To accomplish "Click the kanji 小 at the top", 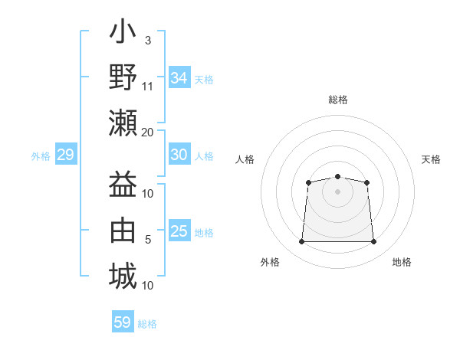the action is click(123, 31).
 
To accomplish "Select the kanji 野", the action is click(123, 77).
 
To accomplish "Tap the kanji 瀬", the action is click(123, 123).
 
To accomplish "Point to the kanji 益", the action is click(123, 184).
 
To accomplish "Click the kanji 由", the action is click(123, 230).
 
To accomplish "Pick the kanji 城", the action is click(123, 276).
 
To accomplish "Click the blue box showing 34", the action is click(179, 77).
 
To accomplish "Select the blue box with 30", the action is click(179, 154).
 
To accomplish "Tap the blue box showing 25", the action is click(179, 230).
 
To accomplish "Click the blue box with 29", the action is click(66, 154).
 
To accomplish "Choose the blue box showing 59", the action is click(123, 321).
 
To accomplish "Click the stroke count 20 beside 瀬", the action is click(147, 133).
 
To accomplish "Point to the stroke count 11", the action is click(147, 87).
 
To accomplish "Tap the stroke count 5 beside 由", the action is click(148, 240).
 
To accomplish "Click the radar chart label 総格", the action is click(338, 100).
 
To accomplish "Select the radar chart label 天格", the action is click(431, 159).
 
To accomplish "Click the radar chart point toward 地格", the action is click(373, 241).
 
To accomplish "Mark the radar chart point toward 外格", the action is click(302, 241).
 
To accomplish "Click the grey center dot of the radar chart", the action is click(337, 191).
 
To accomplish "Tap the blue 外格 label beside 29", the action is click(41, 156).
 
